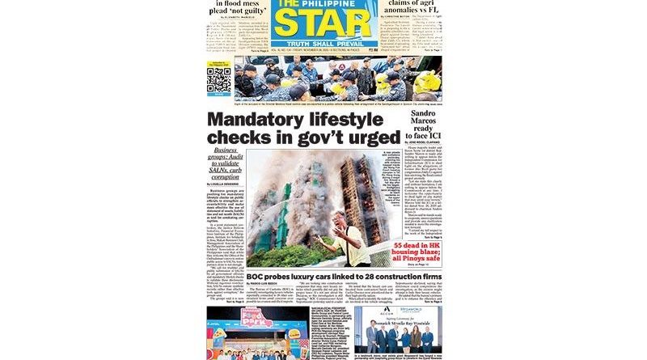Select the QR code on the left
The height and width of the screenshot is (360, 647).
[x=218, y=80]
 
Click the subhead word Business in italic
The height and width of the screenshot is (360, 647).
[x=226, y=151]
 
